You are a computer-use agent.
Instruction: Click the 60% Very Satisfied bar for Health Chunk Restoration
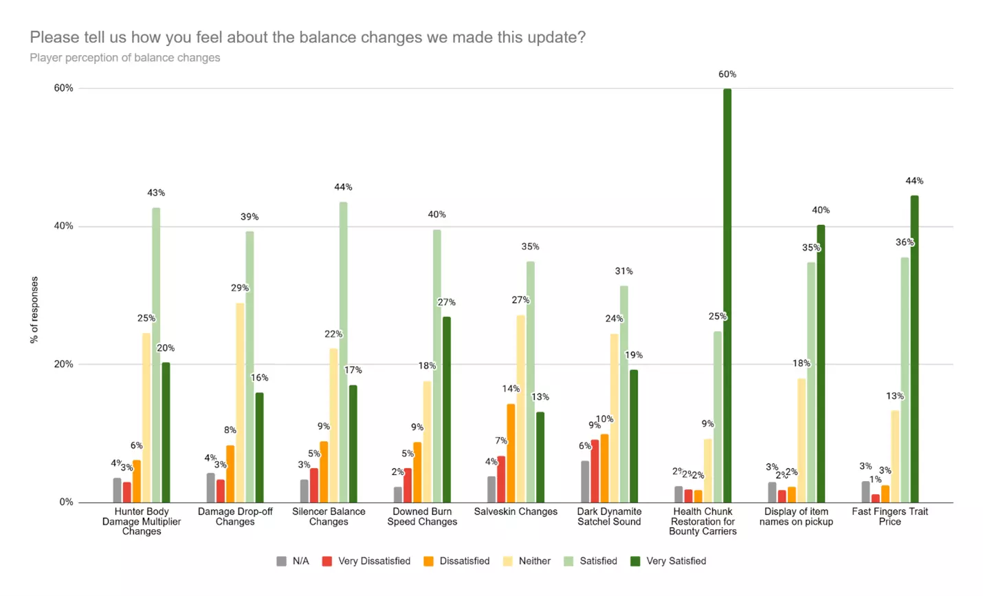pyautogui.click(x=727, y=296)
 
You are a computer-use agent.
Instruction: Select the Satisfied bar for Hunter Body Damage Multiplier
pyautogui.click(x=156, y=354)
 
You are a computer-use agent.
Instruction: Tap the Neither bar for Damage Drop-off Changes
pyautogui.click(x=240, y=403)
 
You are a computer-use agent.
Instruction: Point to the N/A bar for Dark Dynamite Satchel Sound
pyautogui.click(x=585, y=482)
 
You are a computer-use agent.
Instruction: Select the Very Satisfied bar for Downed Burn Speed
pyautogui.click(x=447, y=409)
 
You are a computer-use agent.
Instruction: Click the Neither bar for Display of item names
pyautogui.click(x=802, y=440)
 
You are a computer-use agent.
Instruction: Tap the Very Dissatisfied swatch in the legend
pyautogui.click(x=327, y=561)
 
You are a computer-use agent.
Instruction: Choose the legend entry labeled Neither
pyautogui.click(x=534, y=561)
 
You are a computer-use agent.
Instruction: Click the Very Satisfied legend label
pyautogui.click(x=676, y=561)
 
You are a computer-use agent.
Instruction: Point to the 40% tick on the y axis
pyautogui.click(x=64, y=226)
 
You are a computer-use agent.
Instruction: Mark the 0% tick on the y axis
pyautogui.click(x=66, y=502)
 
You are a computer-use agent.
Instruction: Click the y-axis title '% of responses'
pyautogui.click(x=34, y=310)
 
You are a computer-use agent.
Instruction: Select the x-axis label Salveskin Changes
pyautogui.click(x=516, y=512)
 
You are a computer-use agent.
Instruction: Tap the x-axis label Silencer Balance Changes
pyautogui.click(x=329, y=516)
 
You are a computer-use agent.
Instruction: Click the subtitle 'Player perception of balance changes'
pyautogui.click(x=125, y=58)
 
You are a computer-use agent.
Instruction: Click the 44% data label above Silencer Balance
pyautogui.click(x=343, y=187)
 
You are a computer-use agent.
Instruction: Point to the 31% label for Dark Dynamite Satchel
pyautogui.click(x=623, y=271)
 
